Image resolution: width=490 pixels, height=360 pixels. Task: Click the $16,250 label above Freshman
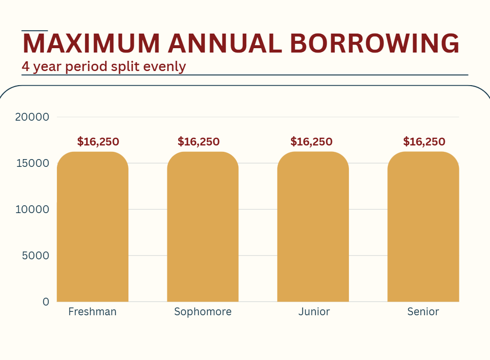click(98, 142)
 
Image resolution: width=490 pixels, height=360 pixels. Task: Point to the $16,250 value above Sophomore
click(199, 142)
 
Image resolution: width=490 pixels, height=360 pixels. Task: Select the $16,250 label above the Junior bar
click(311, 142)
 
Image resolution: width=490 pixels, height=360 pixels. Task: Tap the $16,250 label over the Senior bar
click(424, 142)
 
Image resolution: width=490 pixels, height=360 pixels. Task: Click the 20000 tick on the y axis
click(32, 117)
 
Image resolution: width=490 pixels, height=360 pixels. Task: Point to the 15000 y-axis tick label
click(32, 163)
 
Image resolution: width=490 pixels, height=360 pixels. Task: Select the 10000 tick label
click(32, 209)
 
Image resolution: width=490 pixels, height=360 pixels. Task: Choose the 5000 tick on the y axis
click(36, 255)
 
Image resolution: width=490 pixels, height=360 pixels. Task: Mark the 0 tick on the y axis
click(46, 302)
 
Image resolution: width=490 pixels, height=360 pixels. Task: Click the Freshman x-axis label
click(92, 312)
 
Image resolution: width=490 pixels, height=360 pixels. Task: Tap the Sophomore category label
click(203, 312)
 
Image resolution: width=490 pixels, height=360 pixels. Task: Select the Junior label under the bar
click(314, 312)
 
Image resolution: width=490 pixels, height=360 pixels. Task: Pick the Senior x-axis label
click(423, 312)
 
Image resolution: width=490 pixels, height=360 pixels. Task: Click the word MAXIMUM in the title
click(91, 44)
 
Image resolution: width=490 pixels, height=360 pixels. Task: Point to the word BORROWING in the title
click(375, 44)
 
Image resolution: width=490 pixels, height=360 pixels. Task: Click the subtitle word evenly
click(165, 66)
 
